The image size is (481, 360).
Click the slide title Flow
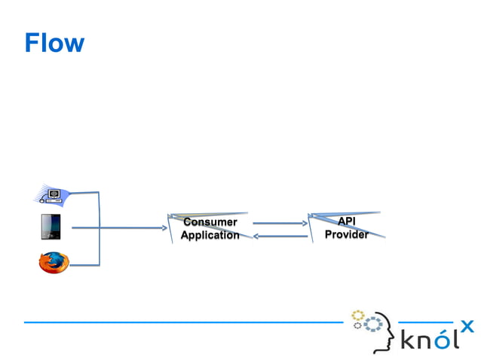coord(54,43)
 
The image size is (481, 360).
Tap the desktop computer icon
coord(54,196)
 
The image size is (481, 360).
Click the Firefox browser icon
coord(54,262)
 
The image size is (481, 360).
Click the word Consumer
coord(210,222)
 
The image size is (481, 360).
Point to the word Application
coord(210,235)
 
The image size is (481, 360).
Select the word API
coord(346,221)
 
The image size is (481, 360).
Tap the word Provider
coord(346,234)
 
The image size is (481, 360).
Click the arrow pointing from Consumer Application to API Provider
coord(279,223)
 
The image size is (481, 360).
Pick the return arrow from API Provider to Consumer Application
coord(279,236)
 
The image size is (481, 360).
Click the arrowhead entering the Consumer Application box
coord(163,227)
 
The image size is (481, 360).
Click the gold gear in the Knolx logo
coord(358,315)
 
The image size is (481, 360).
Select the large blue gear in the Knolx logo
coord(372,325)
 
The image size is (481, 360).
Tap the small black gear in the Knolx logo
coord(358,326)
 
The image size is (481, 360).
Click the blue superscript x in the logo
coord(467,326)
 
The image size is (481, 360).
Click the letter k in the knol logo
coord(408,340)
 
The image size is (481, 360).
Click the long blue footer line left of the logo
coord(181,322)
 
